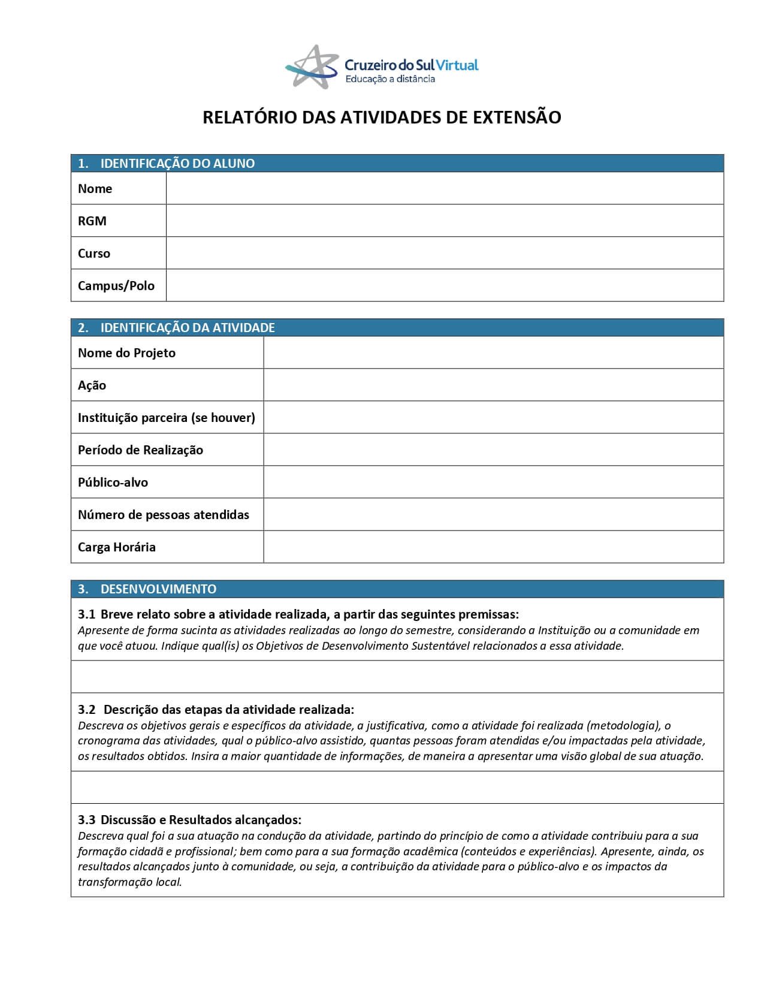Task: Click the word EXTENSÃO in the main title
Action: pos(517,117)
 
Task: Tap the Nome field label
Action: pos(95,189)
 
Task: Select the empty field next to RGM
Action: pos(444,221)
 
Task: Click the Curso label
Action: pos(93,254)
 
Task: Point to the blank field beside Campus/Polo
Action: pos(444,285)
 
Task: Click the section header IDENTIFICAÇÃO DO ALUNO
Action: pos(177,164)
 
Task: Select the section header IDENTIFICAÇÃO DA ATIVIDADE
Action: pos(187,328)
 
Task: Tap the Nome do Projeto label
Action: pos(126,353)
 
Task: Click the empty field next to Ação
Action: pos(493,385)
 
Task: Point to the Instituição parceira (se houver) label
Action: pos(166,418)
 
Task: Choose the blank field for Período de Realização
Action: pos(493,450)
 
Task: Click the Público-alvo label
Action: pos(113,483)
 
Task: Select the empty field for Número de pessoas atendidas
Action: pos(493,514)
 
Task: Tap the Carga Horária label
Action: pos(116,547)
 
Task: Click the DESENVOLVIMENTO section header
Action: pos(158,589)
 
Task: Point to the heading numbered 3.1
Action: pos(298,614)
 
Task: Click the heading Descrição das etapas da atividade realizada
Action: pos(228,710)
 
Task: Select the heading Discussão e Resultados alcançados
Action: pos(201,820)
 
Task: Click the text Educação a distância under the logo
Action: pos(389,79)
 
